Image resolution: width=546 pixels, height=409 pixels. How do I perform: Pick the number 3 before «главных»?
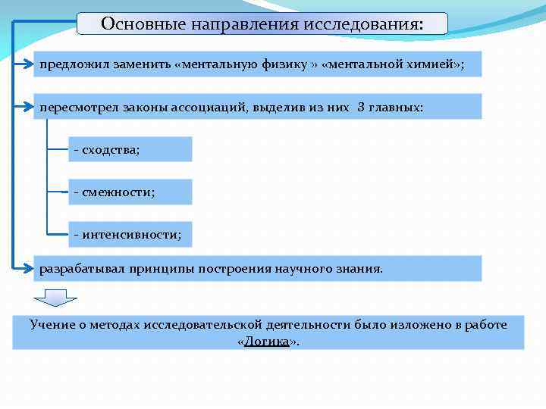coord(360,107)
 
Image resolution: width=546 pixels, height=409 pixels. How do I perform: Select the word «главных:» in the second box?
coord(396,107)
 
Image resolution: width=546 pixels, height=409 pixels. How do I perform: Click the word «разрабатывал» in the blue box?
coord(83,268)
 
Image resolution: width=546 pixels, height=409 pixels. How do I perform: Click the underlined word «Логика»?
coord(266,342)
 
